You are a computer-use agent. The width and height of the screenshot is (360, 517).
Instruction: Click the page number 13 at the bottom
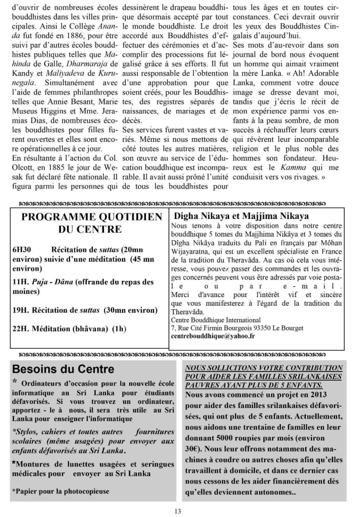pos(177,510)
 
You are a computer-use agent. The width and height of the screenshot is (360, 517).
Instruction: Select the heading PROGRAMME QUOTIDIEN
pos(92,217)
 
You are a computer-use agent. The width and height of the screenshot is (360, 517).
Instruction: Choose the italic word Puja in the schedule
pos(44,282)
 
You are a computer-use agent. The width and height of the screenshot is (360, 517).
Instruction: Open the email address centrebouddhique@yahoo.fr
pos(213,337)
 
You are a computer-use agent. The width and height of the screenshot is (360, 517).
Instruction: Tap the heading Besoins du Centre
pos(63,368)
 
